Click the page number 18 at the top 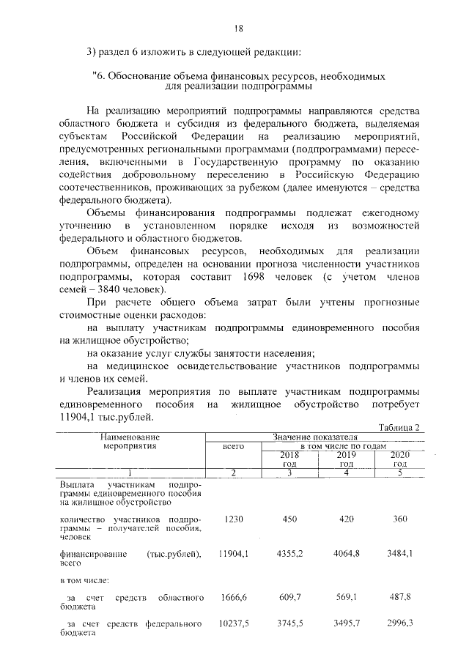(238, 29)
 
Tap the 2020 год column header (399, 459)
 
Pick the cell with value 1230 (233, 519)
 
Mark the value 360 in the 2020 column (399, 519)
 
